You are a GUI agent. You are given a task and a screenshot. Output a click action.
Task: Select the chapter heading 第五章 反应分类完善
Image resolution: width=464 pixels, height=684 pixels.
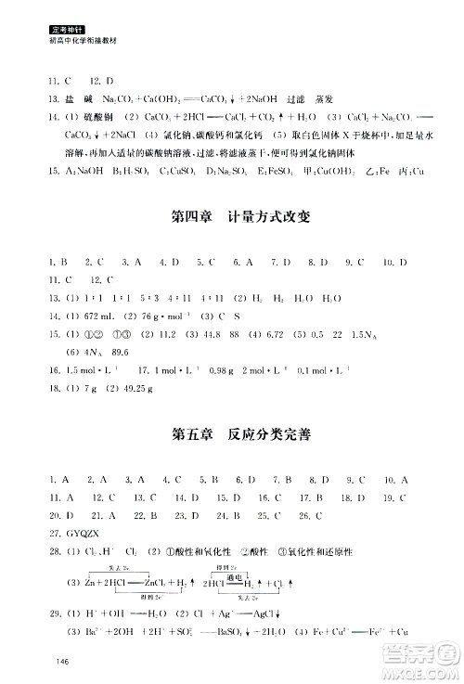tap(228, 434)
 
